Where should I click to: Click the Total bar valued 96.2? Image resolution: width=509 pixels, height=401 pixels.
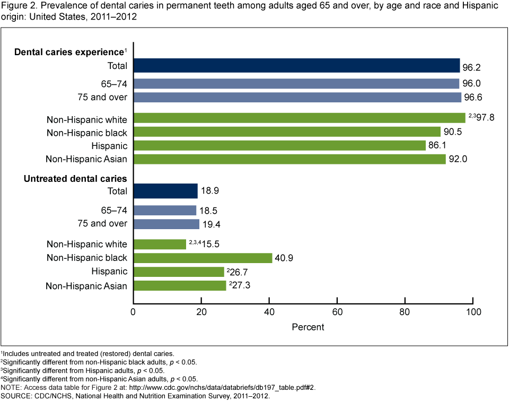click(x=296, y=65)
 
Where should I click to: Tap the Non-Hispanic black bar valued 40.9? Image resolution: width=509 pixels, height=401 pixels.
click(x=203, y=258)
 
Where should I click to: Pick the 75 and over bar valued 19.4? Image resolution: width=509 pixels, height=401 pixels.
click(x=166, y=224)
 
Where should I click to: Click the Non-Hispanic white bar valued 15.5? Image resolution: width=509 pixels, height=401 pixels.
click(x=160, y=244)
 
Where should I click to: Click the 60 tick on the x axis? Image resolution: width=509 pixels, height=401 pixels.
click(x=337, y=312)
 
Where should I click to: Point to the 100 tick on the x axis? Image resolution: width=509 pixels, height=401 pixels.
click(x=473, y=312)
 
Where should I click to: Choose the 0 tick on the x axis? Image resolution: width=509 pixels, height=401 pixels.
click(x=133, y=312)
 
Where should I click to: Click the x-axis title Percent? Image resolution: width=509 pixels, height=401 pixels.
click(x=308, y=327)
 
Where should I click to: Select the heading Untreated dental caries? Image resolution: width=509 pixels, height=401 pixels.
click(x=75, y=179)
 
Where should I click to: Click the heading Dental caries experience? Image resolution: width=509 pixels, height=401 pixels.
click(x=69, y=52)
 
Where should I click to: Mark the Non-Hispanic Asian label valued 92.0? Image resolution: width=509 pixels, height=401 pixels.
click(x=87, y=159)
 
